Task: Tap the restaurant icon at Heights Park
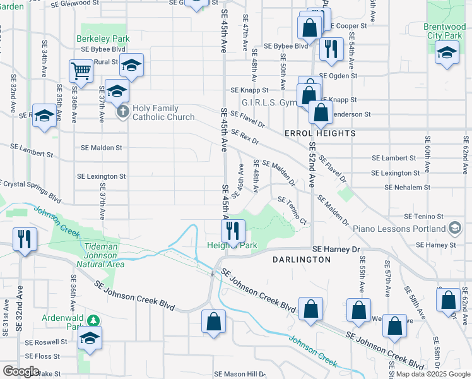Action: [233, 229]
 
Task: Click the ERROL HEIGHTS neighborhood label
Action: [320, 134]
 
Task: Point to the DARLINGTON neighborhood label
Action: [301, 260]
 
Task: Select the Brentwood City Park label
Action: [449, 32]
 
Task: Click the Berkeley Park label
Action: [103, 39]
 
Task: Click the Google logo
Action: [21, 371]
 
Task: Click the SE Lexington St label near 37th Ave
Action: [101, 176]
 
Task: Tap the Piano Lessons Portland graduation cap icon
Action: [455, 228]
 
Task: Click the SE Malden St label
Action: [102, 148]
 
